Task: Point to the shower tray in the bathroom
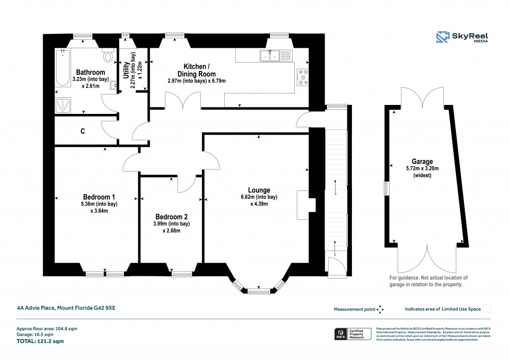[x=64, y=104]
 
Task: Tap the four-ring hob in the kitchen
[x=302, y=77]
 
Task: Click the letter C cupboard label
[x=83, y=132]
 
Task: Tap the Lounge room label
[x=259, y=190]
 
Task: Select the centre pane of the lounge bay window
[x=258, y=290]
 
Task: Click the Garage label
[x=422, y=162]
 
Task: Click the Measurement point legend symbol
[x=380, y=309]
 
